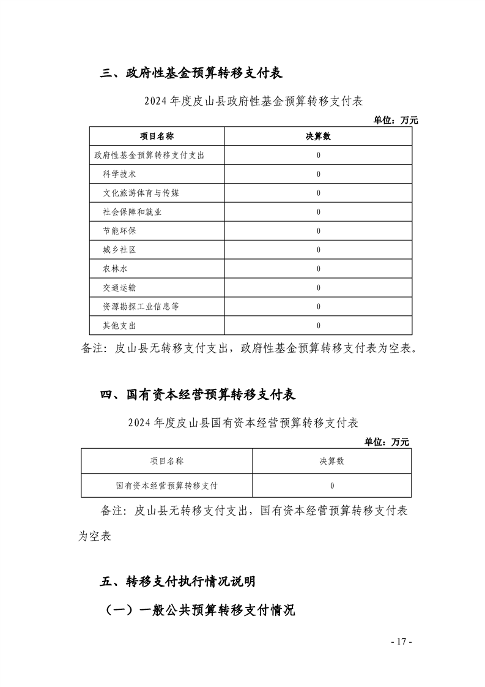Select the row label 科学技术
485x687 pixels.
[x=119, y=175]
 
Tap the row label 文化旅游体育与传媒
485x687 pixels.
[x=141, y=193]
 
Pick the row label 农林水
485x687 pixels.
[x=115, y=269]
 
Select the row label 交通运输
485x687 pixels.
[x=119, y=288]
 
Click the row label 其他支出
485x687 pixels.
[x=119, y=325]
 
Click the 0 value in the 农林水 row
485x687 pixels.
[x=319, y=269]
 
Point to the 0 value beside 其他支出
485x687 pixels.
[x=319, y=325]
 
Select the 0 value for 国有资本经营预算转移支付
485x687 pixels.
[x=332, y=486]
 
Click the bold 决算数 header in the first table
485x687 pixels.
[x=319, y=137]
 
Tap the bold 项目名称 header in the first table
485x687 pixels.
[x=157, y=137]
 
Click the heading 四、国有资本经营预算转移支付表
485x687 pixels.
[x=198, y=395]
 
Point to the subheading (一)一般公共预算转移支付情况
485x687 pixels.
[x=200, y=610]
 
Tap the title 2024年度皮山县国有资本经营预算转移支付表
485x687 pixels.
[x=243, y=422]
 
